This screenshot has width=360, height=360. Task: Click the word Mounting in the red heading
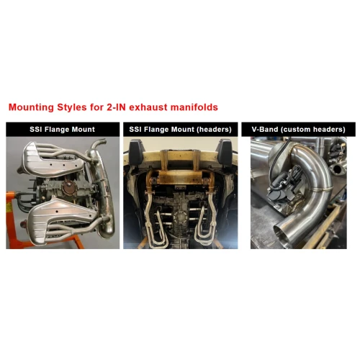pyautogui.click(x=31, y=107)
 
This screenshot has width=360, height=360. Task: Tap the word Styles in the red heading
pyautogui.click(x=72, y=107)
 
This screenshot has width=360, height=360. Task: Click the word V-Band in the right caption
pyautogui.click(x=265, y=130)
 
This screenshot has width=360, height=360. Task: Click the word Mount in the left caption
pyautogui.click(x=84, y=130)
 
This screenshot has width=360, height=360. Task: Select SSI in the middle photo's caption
pyautogui.click(x=135, y=130)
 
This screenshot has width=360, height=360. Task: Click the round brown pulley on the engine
pyautogui.click(x=68, y=188)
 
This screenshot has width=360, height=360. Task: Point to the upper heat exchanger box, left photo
pyautogui.click(x=53, y=158)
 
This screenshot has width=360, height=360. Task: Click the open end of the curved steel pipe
pyautogui.click(x=283, y=235)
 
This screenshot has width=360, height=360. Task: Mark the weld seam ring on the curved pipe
pyautogui.click(x=321, y=189)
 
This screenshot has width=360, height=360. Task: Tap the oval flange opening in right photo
pyautogui.click(x=337, y=169)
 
